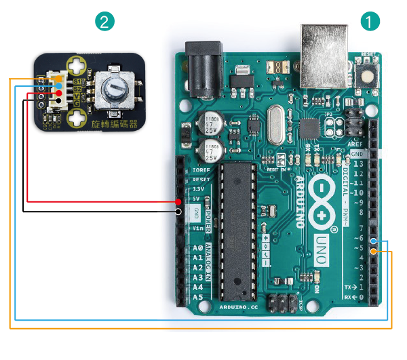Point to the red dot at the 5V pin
click(178, 201)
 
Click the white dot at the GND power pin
click(178, 212)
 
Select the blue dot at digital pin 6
click(374, 241)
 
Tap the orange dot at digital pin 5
click(374, 252)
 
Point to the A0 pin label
click(198, 249)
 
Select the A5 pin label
click(198, 297)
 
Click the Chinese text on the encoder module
click(116, 124)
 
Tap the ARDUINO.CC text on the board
click(239, 306)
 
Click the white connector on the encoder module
click(58, 90)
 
